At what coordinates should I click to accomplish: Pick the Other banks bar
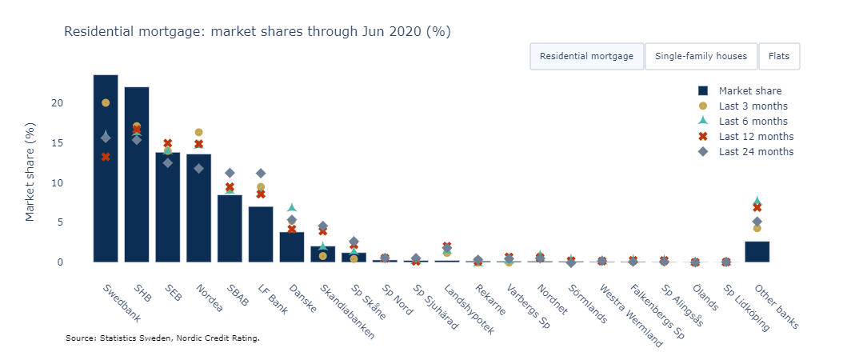pos(757,251)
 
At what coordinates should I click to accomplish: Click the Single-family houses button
pos(701,56)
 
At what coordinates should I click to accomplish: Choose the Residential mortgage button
pos(586,56)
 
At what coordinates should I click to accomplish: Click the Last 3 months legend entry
pos(753,106)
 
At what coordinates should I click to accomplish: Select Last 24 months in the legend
pos(756,151)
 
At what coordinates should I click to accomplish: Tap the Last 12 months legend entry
pos(756,136)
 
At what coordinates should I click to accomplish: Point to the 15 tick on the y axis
pos(79,143)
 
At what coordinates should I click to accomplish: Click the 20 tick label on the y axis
pos(79,103)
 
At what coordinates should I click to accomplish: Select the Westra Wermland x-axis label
pos(632,315)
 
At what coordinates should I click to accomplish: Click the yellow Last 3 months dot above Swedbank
pos(106,102)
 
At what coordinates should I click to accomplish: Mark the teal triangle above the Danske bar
pos(292,208)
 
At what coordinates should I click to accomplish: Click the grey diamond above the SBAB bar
pos(230,173)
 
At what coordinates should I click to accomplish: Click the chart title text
pos(258,32)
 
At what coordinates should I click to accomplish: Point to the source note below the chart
pos(162,338)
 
